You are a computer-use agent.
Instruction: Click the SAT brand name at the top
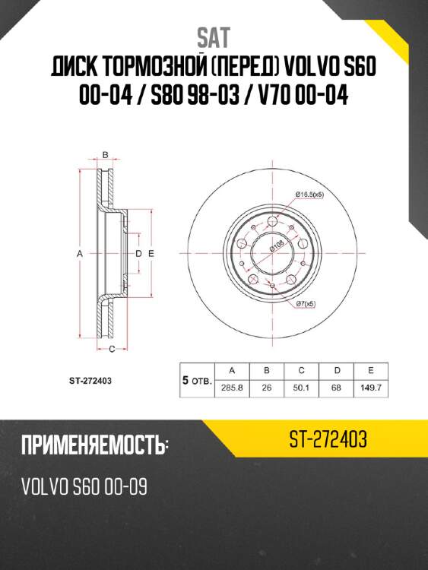[214, 36]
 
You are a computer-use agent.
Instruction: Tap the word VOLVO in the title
[309, 68]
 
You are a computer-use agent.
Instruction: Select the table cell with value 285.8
[233, 387]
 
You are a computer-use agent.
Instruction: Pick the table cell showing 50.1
[301, 387]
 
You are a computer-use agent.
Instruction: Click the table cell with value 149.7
[370, 387]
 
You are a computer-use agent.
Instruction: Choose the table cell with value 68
[336, 387]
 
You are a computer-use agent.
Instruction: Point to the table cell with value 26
[267, 387]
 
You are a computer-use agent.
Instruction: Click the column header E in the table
[370, 370]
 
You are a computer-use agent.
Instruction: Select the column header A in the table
[233, 370]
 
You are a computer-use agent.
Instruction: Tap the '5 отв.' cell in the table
[196, 378]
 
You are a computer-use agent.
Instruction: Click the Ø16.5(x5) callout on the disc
[309, 195]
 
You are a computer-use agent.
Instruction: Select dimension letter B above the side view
[106, 156]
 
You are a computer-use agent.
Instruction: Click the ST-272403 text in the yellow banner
[328, 439]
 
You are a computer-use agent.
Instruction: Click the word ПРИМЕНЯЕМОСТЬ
[90, 445]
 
